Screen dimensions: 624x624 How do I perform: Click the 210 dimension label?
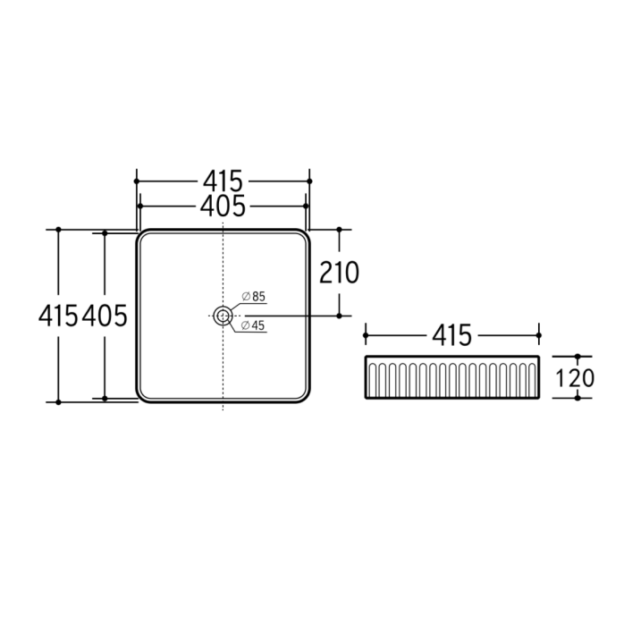(x=339, y=272)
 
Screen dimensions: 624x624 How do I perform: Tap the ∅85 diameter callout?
(x=254, y=296)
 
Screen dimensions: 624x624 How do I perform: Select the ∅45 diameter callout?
(x=254, y=325)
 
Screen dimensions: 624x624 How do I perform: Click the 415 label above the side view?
(x=452, y=336)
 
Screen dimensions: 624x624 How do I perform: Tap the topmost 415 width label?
(x=222, y=181)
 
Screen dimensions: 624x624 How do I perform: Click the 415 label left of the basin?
(x=59, y=315)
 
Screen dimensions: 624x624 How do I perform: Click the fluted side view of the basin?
(x=452, y=378)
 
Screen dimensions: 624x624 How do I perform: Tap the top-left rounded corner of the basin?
(x=142, y=236)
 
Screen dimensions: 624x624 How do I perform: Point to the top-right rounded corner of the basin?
(x=302, y=236)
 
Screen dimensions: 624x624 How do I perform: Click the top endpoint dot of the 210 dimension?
(x=339, y=229)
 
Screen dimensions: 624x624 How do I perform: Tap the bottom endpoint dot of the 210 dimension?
(x=339, y=315)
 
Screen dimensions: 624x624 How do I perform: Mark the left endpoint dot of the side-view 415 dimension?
(x=367, y=336)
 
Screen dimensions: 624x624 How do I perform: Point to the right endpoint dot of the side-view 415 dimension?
(x=538, y=336)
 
